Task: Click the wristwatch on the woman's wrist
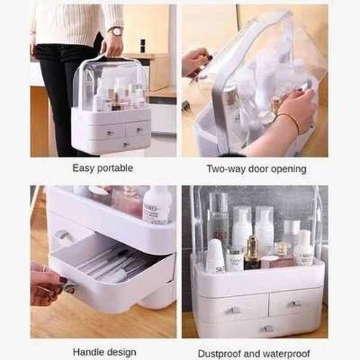(115, 31)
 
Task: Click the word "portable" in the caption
(117, 168)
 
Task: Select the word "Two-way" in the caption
(225, 168)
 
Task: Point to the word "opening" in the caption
(286, 168)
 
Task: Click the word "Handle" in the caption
(89, 351)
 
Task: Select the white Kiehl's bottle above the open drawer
(157, 204)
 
